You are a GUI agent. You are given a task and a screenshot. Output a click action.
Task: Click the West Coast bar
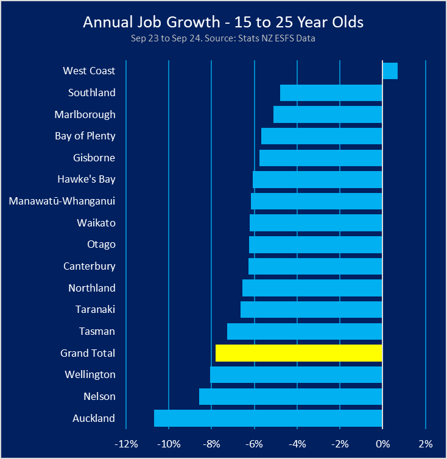[x=390, y=71]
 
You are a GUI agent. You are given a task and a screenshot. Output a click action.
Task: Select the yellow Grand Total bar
[x=299, y=353]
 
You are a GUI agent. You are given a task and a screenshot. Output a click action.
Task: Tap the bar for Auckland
[x=268, y=418]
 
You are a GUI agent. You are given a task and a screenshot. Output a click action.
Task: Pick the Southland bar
[x=331, y=93]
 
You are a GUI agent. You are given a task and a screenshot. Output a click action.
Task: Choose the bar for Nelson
[x=290, y=396]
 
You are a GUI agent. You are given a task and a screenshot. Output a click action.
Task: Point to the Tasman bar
[x=304, y=331]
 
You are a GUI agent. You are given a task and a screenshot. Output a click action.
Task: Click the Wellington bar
[x=296, y=374]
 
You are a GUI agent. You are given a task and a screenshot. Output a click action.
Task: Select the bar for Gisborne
[x=321, y=158]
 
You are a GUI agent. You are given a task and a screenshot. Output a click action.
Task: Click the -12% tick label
[x=125, y=443]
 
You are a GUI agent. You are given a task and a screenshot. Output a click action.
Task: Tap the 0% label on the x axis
[x=382, y=443]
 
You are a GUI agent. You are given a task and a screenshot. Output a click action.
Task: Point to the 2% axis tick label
[x=425, y=443]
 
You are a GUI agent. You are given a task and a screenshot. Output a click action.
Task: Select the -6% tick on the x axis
[x=254, y=443]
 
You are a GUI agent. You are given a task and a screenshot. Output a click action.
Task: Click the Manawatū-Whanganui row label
[x=62, y=201]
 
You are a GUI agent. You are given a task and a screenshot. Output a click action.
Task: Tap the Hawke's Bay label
[x=86, y=180]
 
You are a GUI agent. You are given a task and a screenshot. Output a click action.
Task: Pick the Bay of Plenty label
[x=85, y=136]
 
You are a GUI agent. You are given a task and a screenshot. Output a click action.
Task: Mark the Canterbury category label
[x=90, y=266]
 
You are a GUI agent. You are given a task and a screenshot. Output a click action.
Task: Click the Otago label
[x=101, y=245]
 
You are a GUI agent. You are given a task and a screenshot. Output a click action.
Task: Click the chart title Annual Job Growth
[x=223, y=23]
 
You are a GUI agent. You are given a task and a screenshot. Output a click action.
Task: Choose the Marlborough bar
[x=328, y=114]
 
